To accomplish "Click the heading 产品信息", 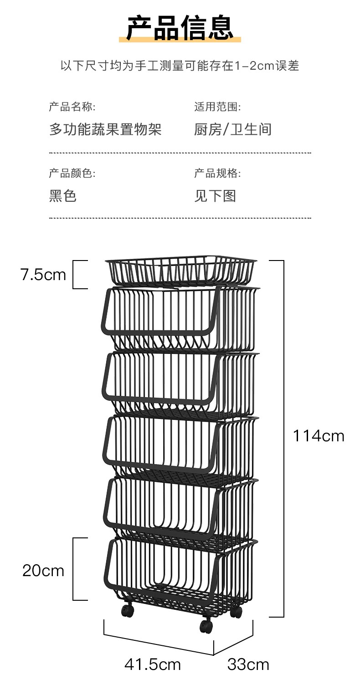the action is tap(180, 28).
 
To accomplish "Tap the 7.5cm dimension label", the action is tap(43, 275).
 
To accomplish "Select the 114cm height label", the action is tap(318, 436).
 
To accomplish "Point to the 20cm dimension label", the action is tap(43, 570).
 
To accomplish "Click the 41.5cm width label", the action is tap(153, 664).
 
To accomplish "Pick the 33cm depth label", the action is tap(248, 664).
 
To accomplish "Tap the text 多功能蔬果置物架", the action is tap(105, 129).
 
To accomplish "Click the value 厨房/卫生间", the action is tap(233, 129).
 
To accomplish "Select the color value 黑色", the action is tap(62, 196).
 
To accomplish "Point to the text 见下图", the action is tap(215, 196).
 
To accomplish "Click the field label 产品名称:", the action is tap(72, 107).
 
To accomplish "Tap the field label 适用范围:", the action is tap(217, 107).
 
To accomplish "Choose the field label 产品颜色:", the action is tap(72, 173).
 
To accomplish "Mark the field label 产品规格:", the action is tap(217, 173).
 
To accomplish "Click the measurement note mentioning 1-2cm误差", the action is tap(180, 66).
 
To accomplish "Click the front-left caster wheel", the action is tap(127, 609).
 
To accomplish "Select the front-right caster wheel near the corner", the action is tap(206, 625).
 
